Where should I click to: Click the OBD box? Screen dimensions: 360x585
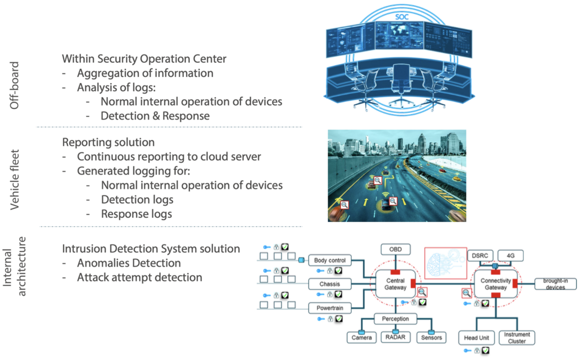coord(395,250)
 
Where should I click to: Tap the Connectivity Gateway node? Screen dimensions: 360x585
coord(496,284)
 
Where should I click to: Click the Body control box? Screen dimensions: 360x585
coord(330,260)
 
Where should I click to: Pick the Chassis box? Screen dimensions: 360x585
coord(330,284)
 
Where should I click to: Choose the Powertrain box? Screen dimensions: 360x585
coord(330,308)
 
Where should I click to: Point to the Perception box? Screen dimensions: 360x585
coord(396,319)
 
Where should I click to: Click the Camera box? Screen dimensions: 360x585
coord(362,337)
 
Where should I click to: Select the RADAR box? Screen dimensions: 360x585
coord(395,337)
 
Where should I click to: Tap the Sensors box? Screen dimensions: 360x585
coord(431,337)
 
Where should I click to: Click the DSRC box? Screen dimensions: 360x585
coord(480,255)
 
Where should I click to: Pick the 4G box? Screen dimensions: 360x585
coord(510,255)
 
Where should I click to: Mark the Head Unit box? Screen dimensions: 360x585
coord(476,338)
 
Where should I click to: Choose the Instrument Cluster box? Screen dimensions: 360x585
coord(517,338)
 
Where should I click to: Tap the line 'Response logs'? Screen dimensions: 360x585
coord(136,214)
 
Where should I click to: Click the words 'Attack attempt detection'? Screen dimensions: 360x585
coord(139,277)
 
